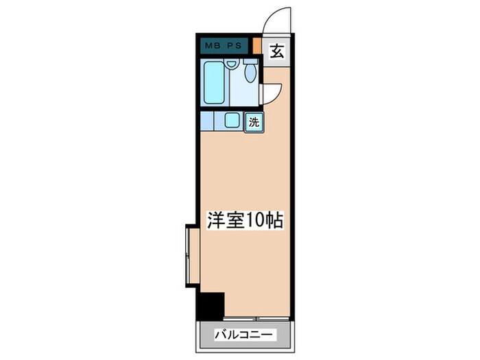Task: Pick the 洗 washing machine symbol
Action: click(254, 123)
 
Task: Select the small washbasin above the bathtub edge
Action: click(232, 64)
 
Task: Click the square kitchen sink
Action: click(232, 121)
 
